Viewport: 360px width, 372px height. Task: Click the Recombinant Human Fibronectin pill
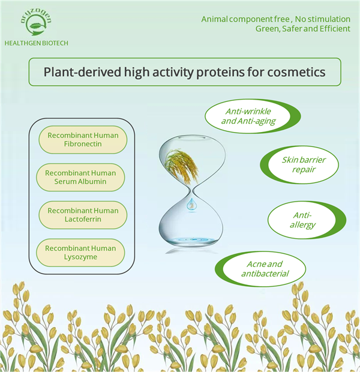pyautogui.click(x=83, y=139)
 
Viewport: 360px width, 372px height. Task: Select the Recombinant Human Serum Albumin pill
pyautogui.click(x=80, y=177)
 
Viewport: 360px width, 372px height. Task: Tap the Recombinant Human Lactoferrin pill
pyautogui.click(x=83, y=215)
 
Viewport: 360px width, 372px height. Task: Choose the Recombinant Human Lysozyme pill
pyautogui.click(x=80, y=253)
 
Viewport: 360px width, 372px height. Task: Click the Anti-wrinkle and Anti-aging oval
pyautogui.click(x=253, y=116)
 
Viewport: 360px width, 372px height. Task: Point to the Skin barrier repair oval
pyautogui.click(x=299, y=164)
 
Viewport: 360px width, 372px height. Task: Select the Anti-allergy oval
pyautogui.click(x=307, y=220)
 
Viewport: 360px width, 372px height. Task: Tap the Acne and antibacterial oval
pyautogui.click(x=260, y=269)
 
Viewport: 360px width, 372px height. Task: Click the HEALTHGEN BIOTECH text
pyautogui.click(x=37, y=43)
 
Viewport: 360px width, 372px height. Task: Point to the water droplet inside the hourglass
pyautogui.click(x=191, y=205)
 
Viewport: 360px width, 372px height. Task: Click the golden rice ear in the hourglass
pyautogui.click(x=182, y=164)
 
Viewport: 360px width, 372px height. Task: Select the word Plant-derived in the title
pyautogui.click(x=82, y=72)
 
